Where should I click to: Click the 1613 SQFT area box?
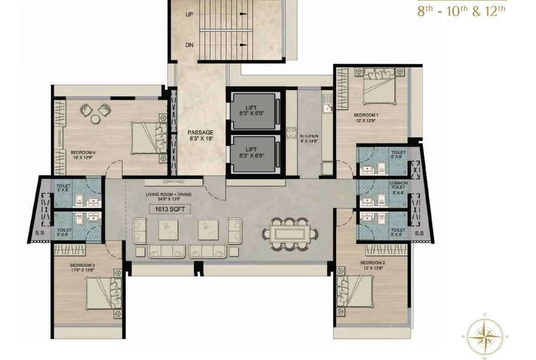click(170, 209)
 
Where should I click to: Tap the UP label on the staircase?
click(190, 15)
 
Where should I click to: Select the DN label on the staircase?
click(190, 45)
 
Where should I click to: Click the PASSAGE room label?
click(200, 132)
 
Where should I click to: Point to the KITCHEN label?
click(309, 136)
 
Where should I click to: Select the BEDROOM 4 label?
click(83, 152)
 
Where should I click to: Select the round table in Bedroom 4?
click(95, 119)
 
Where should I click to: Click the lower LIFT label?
click(251, 150)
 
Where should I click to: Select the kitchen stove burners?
click(292, 132)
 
